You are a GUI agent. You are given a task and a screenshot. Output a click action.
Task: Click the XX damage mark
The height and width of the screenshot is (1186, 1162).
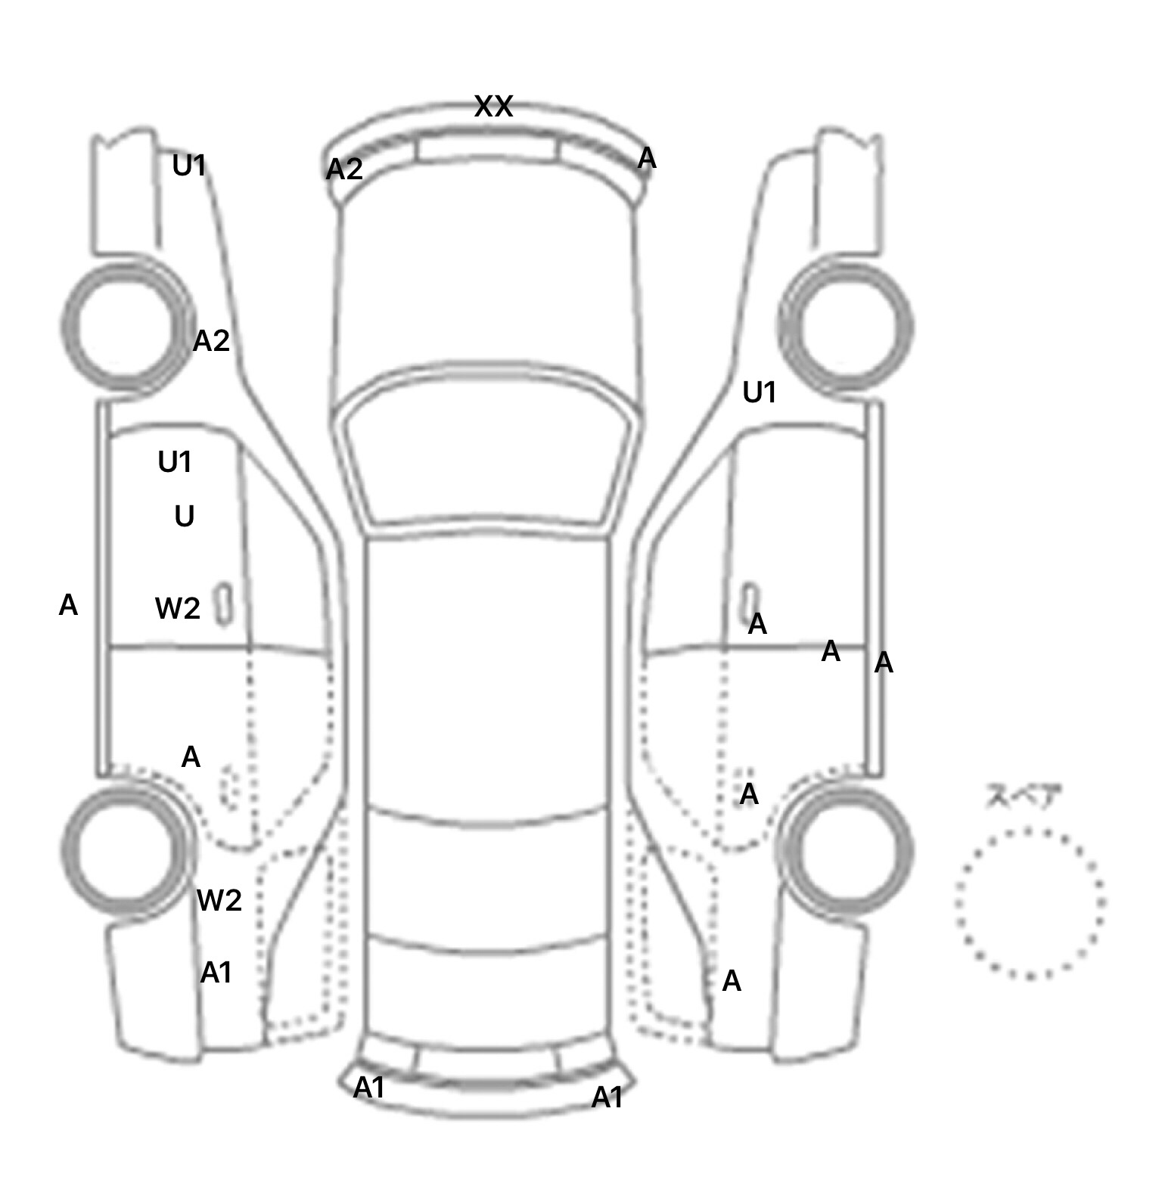(x=493, y=107)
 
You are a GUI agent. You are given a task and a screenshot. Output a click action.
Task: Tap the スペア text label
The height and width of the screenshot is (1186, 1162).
(x=1024, y=797)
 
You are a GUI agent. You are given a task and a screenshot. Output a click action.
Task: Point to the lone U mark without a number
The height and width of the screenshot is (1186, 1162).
(x=185, y=517)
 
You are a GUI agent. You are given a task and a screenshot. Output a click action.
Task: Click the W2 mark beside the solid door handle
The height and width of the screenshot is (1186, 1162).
(x=178, y=608)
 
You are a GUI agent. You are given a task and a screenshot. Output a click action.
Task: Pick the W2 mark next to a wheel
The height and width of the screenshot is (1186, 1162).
(x=219, y=900)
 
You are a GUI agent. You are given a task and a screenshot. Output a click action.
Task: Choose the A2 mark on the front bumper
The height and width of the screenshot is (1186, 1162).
(x=344, y=169)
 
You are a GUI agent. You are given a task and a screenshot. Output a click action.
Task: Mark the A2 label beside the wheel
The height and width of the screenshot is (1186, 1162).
(x=211, y=341)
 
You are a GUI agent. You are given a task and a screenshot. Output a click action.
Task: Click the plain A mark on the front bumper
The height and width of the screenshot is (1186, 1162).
(x=647, y=159)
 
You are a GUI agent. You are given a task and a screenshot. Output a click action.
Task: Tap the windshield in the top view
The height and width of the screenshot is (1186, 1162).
(x=486, y=450)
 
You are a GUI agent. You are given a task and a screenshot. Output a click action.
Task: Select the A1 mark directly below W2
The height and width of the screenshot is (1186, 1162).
(x=216, y=973)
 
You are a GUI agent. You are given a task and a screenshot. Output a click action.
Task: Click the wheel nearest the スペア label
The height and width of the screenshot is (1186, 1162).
(x=846, y=849)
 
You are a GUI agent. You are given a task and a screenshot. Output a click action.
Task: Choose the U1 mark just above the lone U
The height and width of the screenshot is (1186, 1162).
(x=175, y=461)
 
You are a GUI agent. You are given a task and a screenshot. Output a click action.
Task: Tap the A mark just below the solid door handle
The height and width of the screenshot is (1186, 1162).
(x=757, y=625)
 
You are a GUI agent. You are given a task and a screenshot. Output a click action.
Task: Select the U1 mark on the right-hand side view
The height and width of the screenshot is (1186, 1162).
(x=760, y=393)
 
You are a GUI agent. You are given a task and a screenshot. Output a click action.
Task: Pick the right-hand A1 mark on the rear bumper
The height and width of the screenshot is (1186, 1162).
(x=607, y=1098)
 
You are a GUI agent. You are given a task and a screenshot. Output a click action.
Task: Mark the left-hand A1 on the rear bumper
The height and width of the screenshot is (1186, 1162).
(x=369, y=1088)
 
